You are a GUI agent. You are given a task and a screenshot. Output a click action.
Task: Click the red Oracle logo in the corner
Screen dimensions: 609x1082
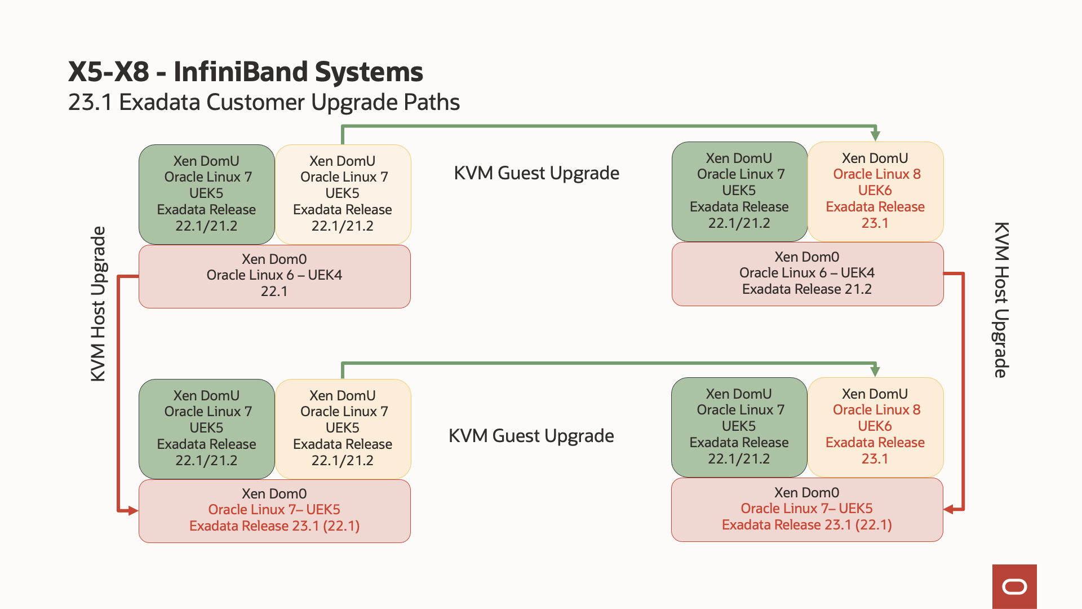coord(1014,586)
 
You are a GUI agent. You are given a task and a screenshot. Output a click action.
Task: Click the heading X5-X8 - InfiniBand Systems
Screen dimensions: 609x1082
coord(245,72)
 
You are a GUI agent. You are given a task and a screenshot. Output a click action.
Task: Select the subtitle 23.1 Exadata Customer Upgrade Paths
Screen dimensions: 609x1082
coord(264,103)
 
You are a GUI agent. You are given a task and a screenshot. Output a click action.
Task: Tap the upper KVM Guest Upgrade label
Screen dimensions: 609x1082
coord(536,173)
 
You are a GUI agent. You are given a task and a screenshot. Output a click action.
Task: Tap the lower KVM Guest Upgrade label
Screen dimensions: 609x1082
coord(531,436)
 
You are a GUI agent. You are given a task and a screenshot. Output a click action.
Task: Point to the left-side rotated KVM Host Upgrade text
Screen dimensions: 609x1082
coord(98,304)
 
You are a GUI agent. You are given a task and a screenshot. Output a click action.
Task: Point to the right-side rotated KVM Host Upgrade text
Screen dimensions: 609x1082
coord(1001,300)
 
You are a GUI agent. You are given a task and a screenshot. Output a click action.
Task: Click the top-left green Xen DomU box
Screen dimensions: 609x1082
coord(206,193)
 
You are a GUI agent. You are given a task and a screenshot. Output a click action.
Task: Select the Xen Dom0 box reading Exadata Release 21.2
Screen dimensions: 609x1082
coord(807,273)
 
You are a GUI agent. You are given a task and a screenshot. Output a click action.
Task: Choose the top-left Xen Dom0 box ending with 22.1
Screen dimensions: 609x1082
coord(274,276)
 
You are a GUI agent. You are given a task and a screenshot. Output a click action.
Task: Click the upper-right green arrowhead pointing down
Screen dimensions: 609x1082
coord(875,135)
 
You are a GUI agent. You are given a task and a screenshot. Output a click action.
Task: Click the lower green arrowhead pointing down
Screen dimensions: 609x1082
coord(875,371)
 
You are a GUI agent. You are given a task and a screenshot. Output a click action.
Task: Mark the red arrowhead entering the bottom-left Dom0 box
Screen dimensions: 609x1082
coord(132,511)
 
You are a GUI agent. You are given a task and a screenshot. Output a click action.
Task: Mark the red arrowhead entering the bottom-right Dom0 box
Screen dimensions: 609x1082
coord(949,509)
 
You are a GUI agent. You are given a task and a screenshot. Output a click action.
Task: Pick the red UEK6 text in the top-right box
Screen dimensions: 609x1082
coord(875,191)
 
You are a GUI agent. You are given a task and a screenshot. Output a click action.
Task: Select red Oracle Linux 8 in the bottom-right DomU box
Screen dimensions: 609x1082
coord(876,410)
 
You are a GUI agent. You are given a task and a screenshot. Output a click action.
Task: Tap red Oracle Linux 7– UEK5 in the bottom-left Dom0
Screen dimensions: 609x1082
coord(274,510)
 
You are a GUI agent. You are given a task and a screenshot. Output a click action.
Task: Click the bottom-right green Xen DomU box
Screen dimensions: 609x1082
coord(739,427)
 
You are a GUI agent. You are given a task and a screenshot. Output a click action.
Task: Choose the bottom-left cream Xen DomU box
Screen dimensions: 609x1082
coord(343,428)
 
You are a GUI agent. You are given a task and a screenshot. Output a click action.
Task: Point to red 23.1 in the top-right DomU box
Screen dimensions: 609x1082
coord(875,223)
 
